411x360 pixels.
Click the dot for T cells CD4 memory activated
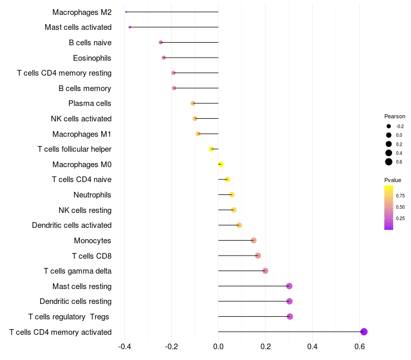(364, 332)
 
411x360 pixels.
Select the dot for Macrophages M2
(126, 12)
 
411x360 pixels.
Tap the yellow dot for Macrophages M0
(220, 164)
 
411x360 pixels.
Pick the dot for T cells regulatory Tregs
(290, 316)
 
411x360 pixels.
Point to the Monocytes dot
(253, 240)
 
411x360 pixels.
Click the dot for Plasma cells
(193, 103)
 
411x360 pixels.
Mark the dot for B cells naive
(161, 42)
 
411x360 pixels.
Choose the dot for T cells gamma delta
(265, 271)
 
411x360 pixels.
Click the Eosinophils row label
(92, 58)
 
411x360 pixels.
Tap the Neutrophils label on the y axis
(92, 195)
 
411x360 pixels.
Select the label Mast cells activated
(78, 27)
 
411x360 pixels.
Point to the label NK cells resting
(85, 210)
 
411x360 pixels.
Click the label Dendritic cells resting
(76, 301)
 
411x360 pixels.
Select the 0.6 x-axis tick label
(360, 347)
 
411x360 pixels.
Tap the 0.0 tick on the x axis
(218, 347)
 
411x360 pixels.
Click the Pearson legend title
(395, 116)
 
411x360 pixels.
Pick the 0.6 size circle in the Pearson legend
(389, 162)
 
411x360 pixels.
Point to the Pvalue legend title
(393, 180)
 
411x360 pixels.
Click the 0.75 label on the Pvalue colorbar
(400, 195)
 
